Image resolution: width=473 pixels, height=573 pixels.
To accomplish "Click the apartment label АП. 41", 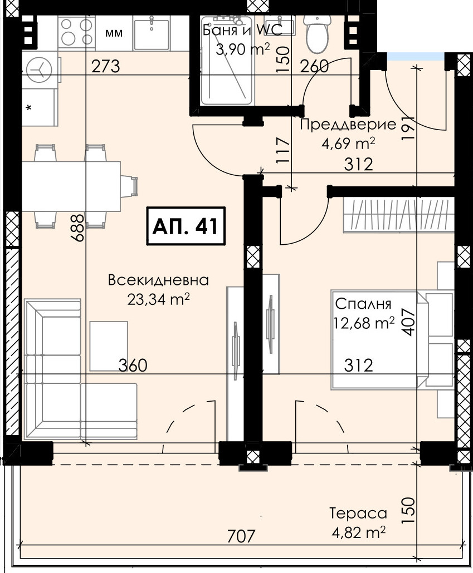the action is coord(186,226).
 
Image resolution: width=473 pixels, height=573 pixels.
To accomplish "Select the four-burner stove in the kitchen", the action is coord(76,32).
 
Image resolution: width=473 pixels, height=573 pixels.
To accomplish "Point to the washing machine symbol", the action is coord(39,70).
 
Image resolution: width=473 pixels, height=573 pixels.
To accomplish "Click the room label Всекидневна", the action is coord(158,280).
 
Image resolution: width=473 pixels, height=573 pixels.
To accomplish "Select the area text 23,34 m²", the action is coord(158,299).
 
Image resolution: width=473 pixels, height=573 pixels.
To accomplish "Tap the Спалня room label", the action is coord(363,304).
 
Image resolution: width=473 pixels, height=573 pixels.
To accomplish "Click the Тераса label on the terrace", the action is coord(358,513).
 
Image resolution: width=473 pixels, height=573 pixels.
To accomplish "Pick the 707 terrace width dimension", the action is coord(241,536).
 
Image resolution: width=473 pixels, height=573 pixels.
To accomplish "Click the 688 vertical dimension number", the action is coord(78,228).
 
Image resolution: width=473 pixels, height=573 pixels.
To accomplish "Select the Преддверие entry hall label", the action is coord(348,125).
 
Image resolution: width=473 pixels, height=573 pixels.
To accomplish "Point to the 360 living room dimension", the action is coord(133,365).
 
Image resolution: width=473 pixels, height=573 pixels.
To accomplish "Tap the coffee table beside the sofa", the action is coord(109,346).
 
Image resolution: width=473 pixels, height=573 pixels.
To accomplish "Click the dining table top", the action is coord(71,186).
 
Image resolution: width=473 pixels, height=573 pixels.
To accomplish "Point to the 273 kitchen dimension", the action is coord(105,67).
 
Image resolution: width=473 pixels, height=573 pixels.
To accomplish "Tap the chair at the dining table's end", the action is coord(129,186).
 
